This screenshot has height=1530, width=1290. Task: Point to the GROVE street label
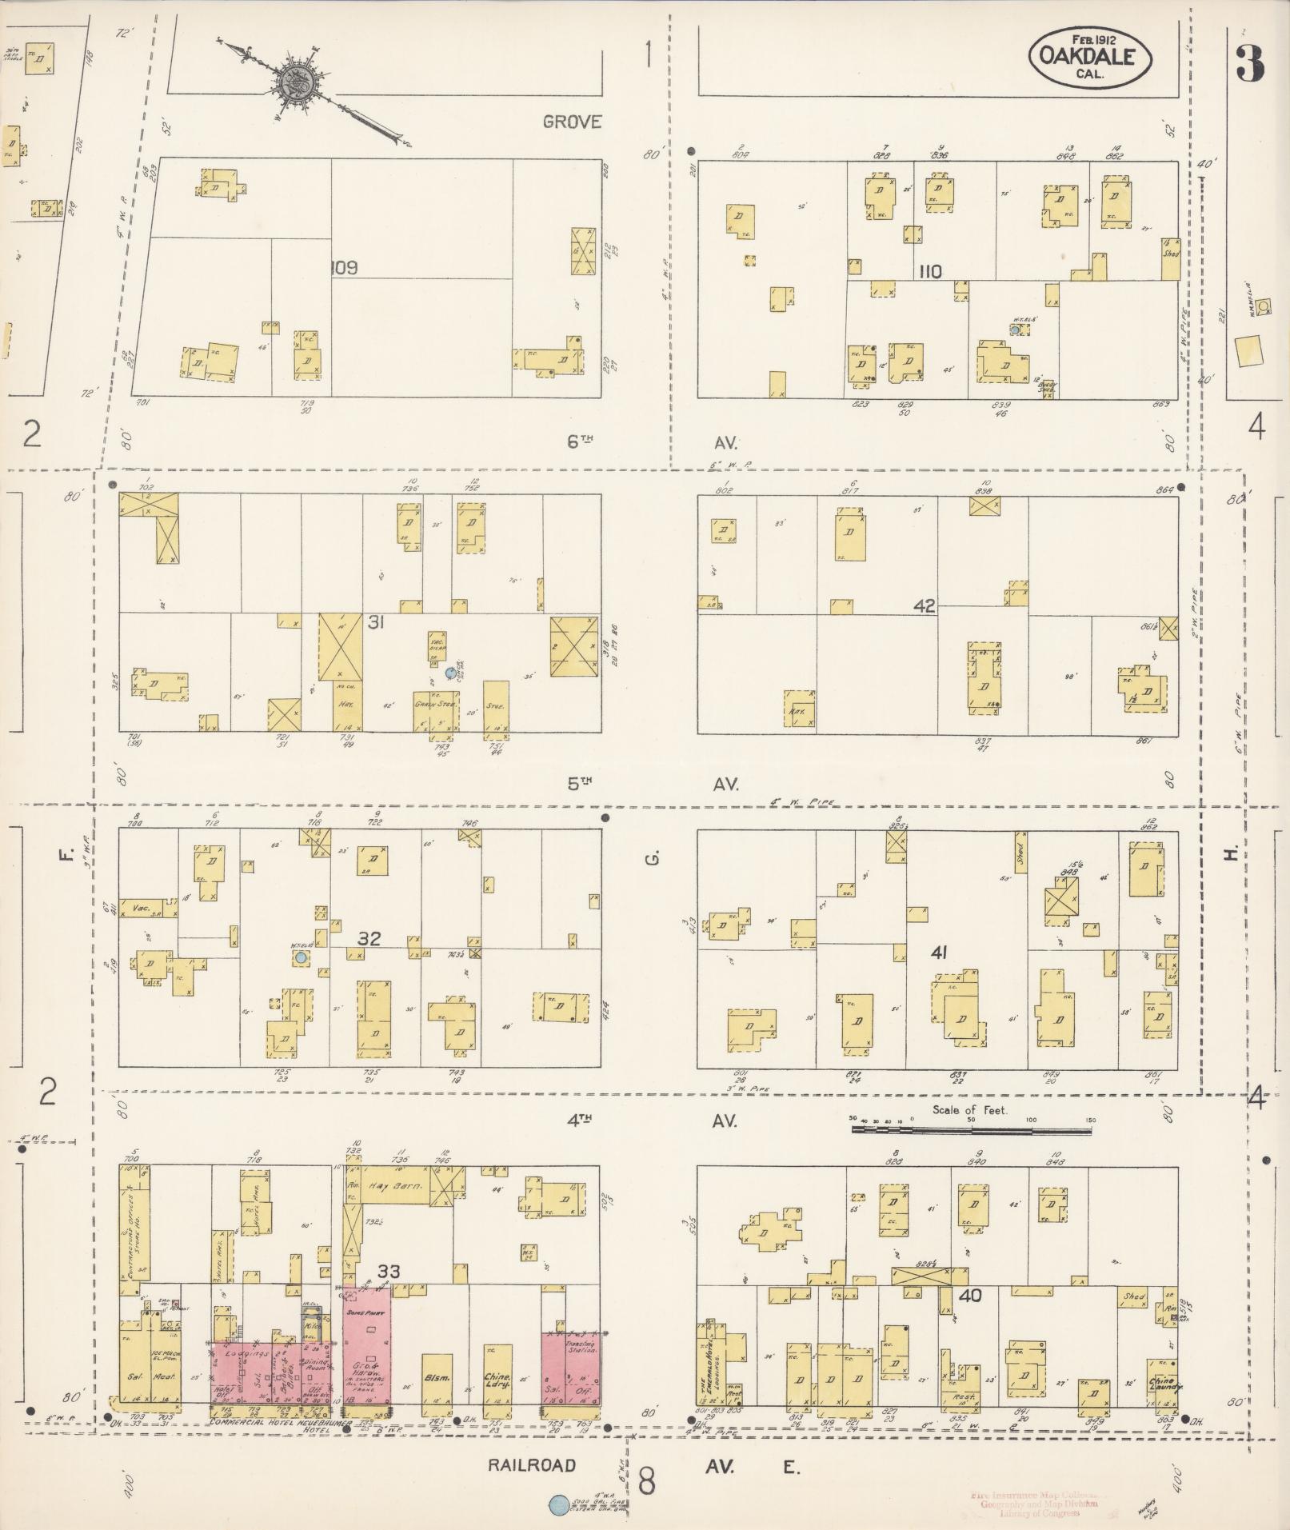572,122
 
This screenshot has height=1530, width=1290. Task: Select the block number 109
345,268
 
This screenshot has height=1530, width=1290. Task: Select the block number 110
930,272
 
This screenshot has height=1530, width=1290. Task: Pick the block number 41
940,953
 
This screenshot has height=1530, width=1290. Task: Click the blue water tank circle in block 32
301,957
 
